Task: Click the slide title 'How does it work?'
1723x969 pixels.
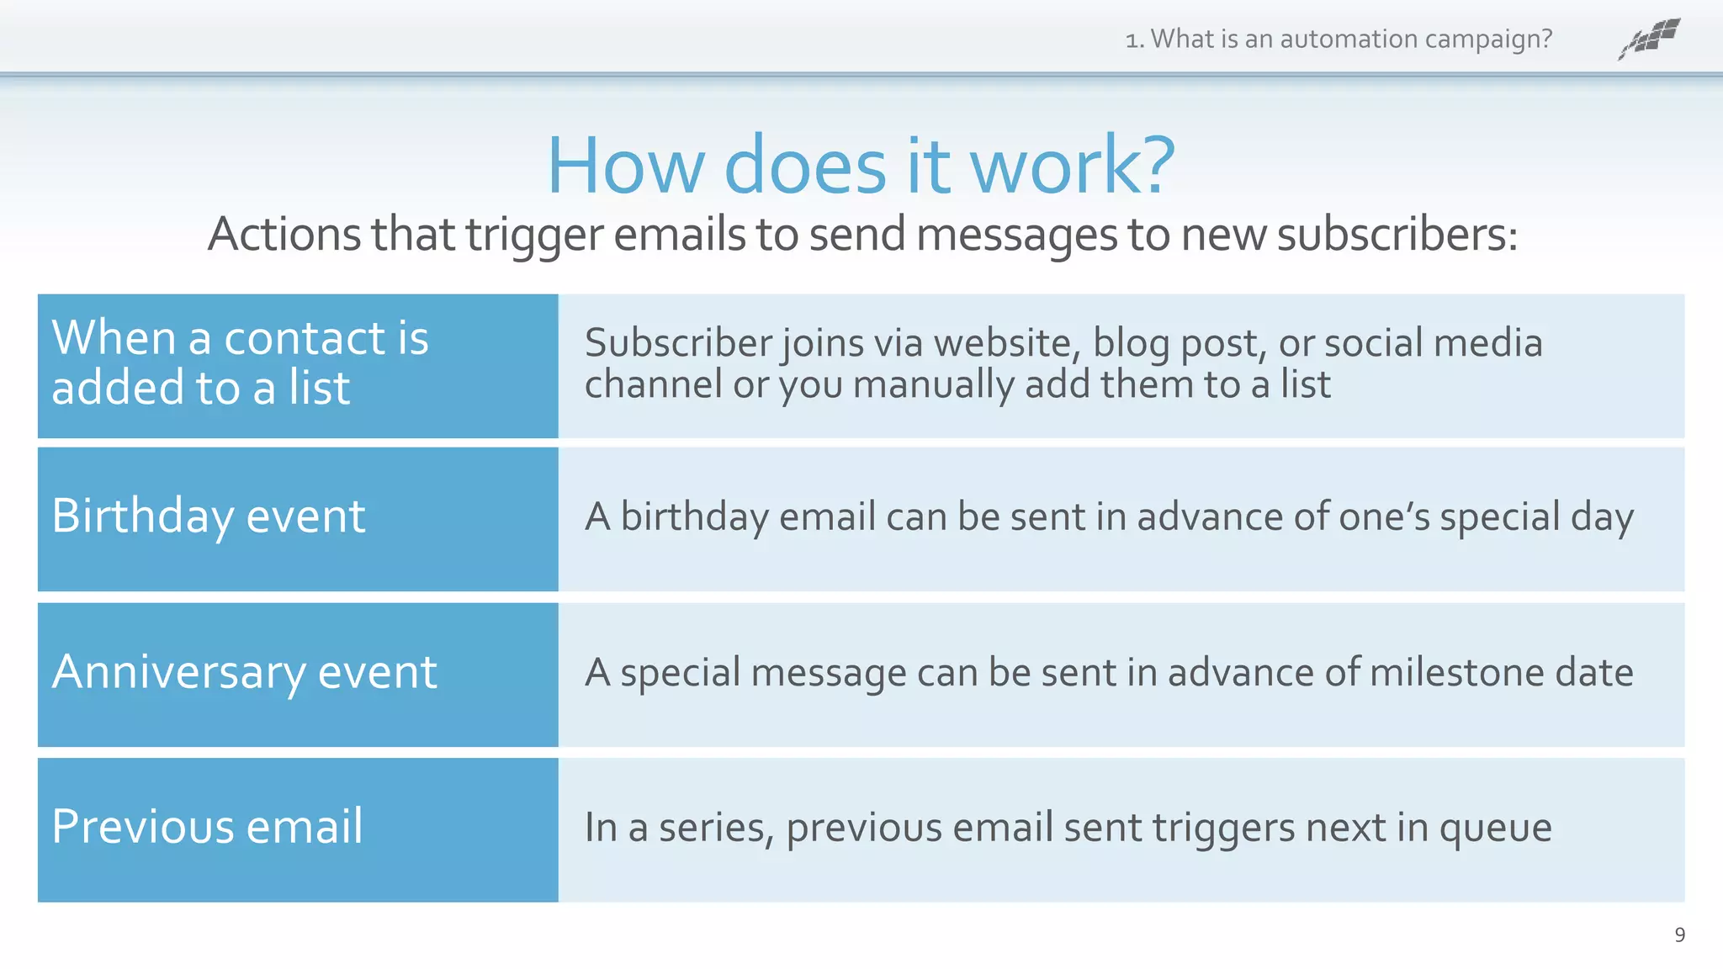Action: point(860,165)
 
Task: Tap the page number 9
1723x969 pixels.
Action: point(1679,935)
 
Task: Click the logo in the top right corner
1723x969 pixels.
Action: point(1649,39)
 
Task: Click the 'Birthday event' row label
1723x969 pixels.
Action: point(209,516)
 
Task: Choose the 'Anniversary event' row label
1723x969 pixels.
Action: point(244,672)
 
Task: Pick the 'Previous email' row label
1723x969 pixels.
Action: point(207,826)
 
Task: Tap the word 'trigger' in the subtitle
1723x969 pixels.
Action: point(534,236)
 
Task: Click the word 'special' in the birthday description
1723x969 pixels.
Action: point(1499,516)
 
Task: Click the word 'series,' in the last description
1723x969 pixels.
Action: point(716,829)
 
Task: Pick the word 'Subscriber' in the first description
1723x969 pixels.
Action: point(679,343)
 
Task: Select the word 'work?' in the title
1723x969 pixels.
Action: point(1073,165)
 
